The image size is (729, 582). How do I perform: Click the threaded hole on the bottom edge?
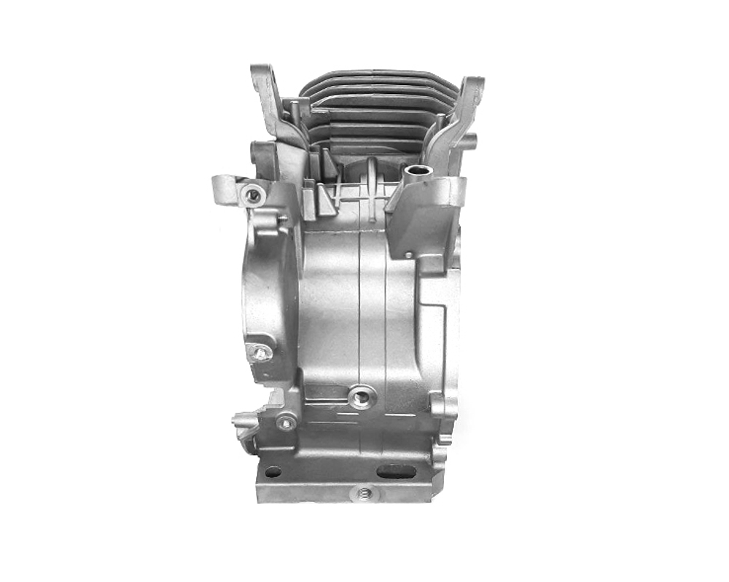[x=365, y=493]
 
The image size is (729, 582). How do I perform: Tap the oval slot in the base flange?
[x=394, y=471]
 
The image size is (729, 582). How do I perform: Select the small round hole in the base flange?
[x=273, y=471]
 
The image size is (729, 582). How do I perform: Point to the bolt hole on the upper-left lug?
[x=254, y=194]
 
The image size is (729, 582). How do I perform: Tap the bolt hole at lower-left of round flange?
[x=259, y=353]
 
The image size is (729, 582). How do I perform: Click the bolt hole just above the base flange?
[x=286, y=422]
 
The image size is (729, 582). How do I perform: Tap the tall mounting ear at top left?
[x=264, y=87]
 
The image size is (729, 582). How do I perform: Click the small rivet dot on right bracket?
[x=408, y=254]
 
